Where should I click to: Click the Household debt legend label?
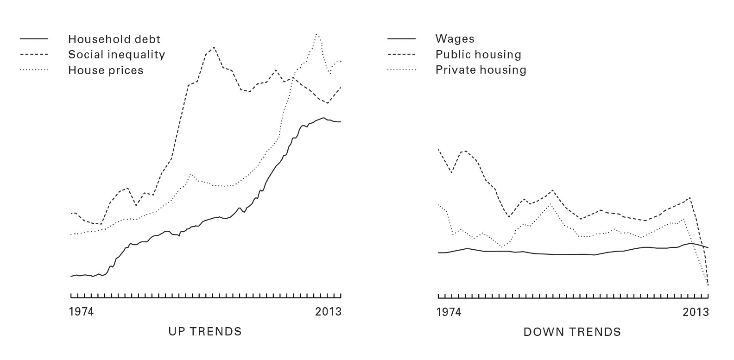click(114, 39)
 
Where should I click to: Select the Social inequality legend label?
click(116, 55)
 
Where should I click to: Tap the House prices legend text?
click(106, 70)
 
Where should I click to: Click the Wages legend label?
click(455, 39)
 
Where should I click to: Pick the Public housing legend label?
click(478, 55)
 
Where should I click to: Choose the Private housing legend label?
click(481, 70)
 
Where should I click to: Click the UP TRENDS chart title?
click(205, 332)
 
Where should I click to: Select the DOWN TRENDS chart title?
click(572, 332)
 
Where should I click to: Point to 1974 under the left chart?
click(81, 312)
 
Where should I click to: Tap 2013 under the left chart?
click(328, 312)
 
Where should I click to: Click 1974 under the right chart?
click(449, 312)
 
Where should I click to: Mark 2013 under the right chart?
click(696, 312)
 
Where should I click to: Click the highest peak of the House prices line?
click(316, 34)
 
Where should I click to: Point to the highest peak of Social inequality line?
click(214, 47)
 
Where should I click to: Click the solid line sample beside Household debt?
click(34, 39)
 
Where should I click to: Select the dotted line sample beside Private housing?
click(401, 70)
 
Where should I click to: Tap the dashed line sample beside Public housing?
click(401, 54)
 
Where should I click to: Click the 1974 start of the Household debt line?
click(71, 277)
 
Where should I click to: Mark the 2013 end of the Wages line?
click(708, 248)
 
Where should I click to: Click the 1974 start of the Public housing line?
click(438, 150)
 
